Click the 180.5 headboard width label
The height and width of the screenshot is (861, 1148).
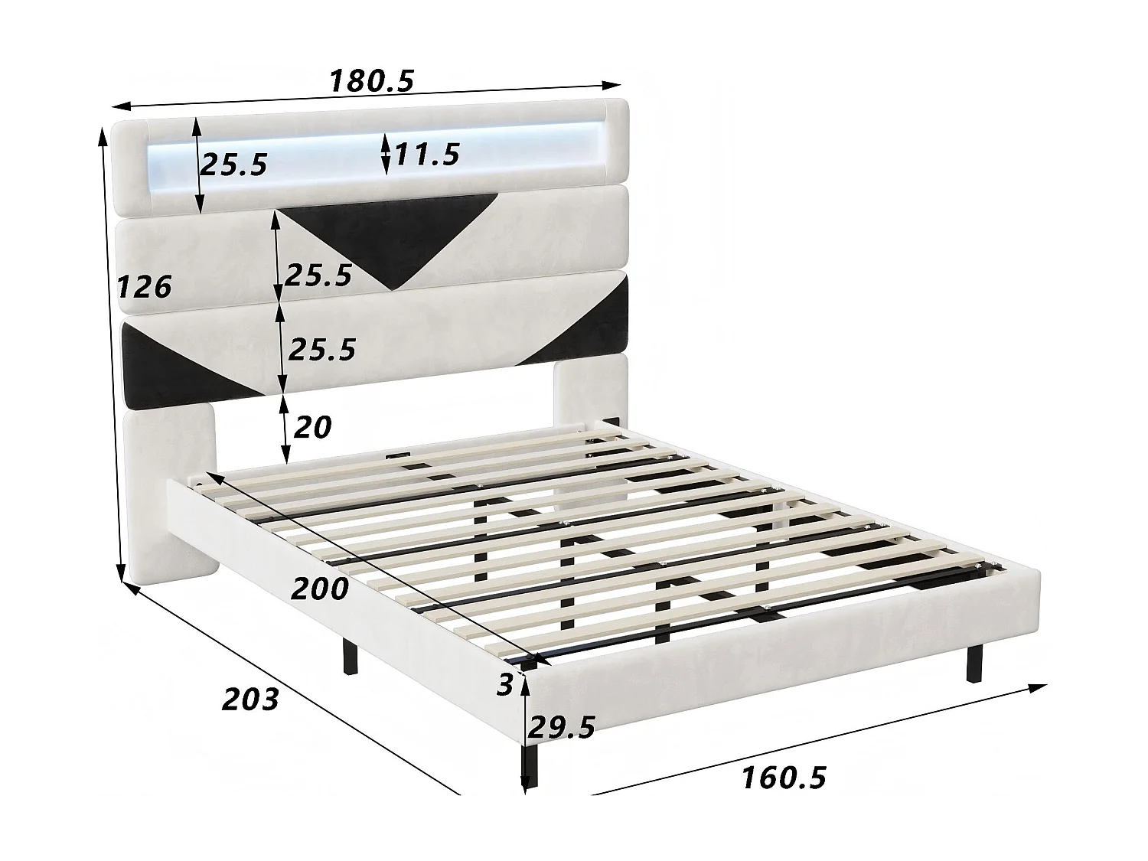[x=371, y=80]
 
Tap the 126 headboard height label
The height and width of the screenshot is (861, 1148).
[x=143, y=287]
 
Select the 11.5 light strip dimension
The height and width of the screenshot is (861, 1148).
[x=427, y=154]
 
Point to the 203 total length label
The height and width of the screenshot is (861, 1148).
[x=249, y=698]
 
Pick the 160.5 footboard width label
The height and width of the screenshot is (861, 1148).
[x=784, y=778]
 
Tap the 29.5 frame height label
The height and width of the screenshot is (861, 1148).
[x=562, y=727]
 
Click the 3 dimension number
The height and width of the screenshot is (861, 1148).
[x=504, y=685]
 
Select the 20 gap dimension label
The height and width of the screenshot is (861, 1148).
[x=312, y=427]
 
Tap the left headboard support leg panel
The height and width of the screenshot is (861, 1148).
[x=168, y=497]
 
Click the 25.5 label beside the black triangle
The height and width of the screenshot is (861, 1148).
[x=318, y=275]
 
